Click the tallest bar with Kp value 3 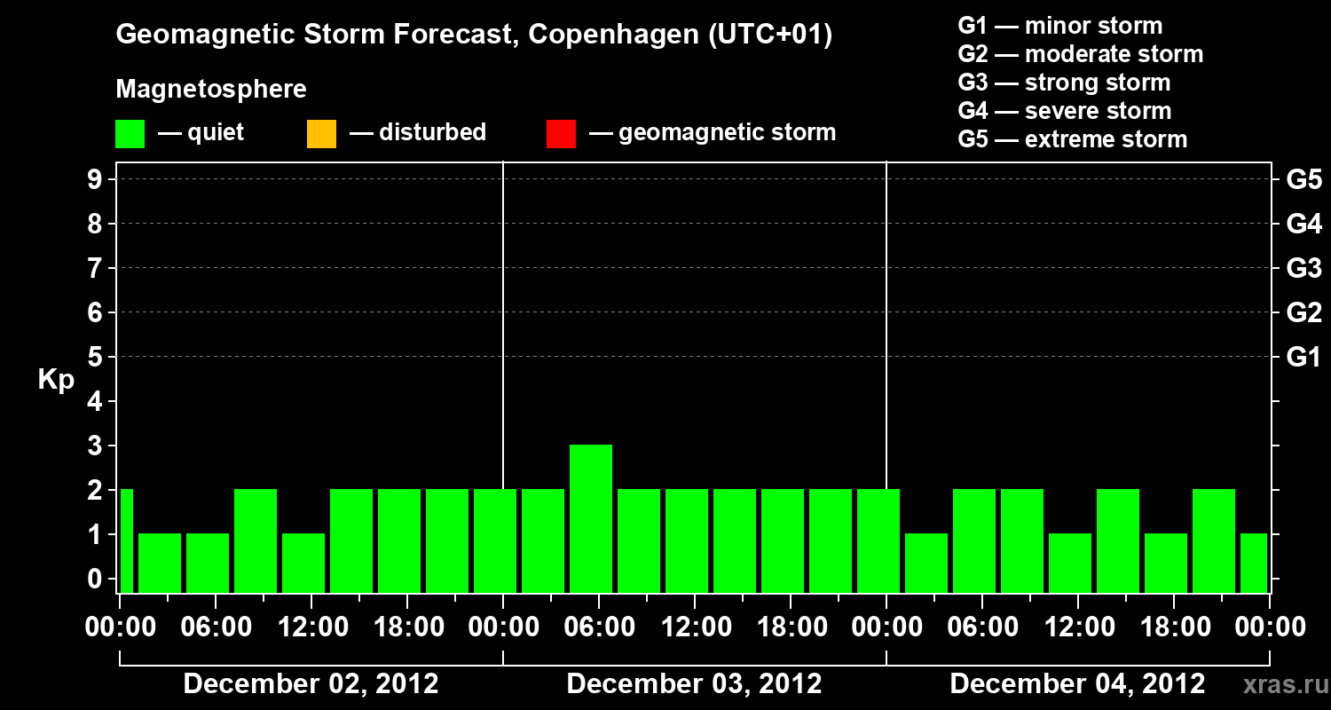(x=591, y=518)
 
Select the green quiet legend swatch (x=130, y=133)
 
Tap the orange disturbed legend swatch (x=321, y=133)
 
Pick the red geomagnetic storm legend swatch (x=561, y=133)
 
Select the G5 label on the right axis (x=1303, y=179)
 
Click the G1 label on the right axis (x=1303, y=357)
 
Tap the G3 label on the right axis (x=1303, y=268)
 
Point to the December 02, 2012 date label (x=311, y=684)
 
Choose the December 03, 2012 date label (x=694, y=684)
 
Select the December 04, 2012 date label (x=1077, y=684)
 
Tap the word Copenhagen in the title (x=611, y=35)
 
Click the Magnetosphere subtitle (x=211, y=90)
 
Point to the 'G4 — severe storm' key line (x=1065, y=111)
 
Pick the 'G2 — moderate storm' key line (x=1081, y=54)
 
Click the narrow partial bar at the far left (x=126, y=540)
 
